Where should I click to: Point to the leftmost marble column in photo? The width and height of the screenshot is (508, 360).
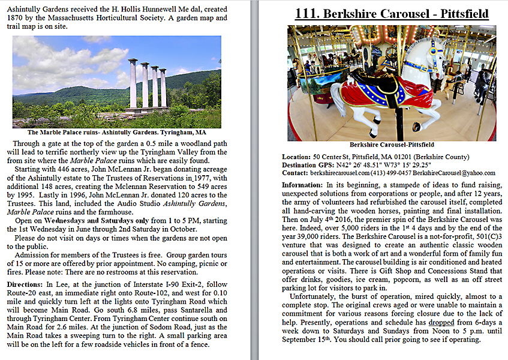[x=132, y=83]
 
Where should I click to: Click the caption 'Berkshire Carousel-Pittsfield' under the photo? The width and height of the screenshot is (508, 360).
[x=392, y=145]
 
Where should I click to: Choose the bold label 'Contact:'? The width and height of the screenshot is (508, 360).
[x=295, y=173]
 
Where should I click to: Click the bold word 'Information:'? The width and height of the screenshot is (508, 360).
[x=302, y=185]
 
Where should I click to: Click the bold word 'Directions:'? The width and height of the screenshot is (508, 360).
[x=28, y=284]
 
